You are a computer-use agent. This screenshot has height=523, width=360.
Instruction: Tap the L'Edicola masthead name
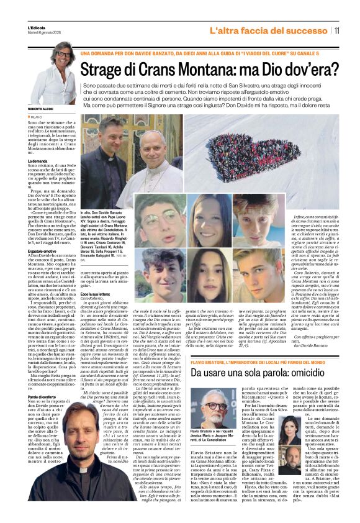point(37,28)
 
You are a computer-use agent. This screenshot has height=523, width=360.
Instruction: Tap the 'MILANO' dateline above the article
point(38,116)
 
